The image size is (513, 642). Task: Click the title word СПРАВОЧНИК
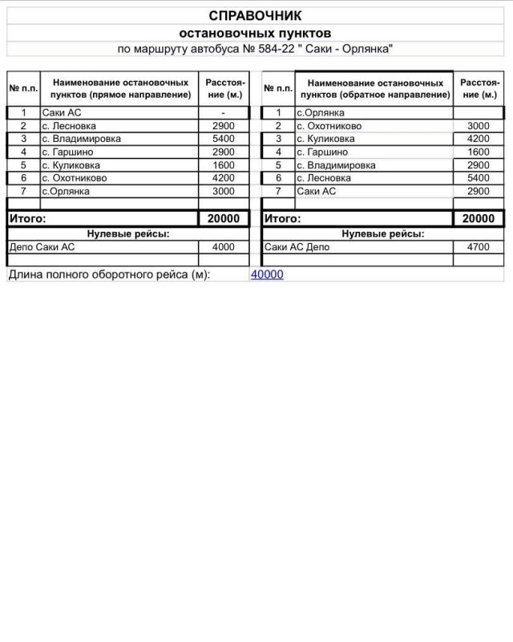coord(255,16)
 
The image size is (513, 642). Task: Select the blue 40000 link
coord(267,274)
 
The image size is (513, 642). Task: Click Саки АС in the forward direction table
coord(62,113)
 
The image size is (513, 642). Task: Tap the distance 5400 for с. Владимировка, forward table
coord(224,139)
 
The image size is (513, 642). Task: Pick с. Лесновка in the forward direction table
coord(69,126)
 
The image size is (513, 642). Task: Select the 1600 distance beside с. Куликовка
coord(224,165)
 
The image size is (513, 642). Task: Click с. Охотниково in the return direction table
coord(329,126)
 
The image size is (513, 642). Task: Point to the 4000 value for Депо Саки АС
coord(224,247)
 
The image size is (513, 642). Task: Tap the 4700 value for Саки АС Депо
coord(478,247)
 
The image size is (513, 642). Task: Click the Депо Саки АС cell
coord(41,247)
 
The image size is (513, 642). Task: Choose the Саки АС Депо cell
coord(297,247)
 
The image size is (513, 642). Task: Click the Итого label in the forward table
coord(27,218)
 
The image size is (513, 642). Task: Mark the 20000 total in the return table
coord(478,218)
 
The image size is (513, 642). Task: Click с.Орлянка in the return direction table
coord(320,113)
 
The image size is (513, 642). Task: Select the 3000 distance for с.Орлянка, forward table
coord(224,191)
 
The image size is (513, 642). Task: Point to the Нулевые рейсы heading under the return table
coord(383,234)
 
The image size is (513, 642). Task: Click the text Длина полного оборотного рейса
coord(109,274)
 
